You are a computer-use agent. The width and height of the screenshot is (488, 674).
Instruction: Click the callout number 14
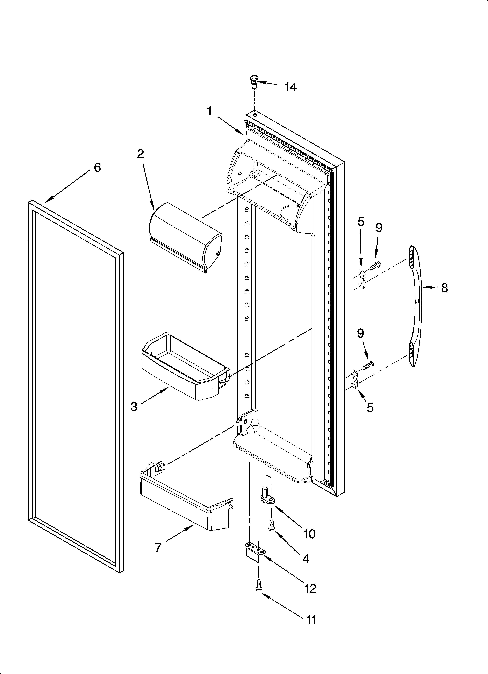point(290,87)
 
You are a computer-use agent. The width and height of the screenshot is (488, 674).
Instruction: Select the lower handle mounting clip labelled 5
point(354,378)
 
